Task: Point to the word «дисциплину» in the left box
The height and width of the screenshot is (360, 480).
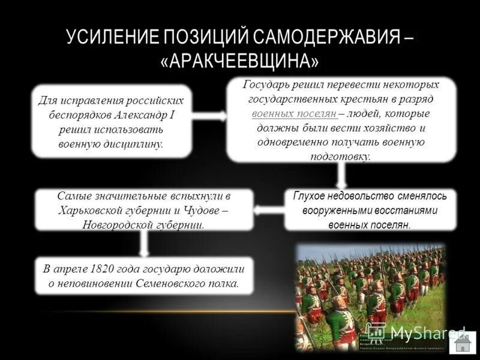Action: click(130, 144)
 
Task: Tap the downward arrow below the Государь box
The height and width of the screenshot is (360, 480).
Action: click(341, 175)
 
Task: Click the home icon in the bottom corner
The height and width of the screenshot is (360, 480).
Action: click(461, 343)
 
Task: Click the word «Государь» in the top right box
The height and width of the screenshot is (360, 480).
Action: click(265, 85)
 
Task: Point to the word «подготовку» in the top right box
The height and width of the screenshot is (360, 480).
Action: click(340, 156)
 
